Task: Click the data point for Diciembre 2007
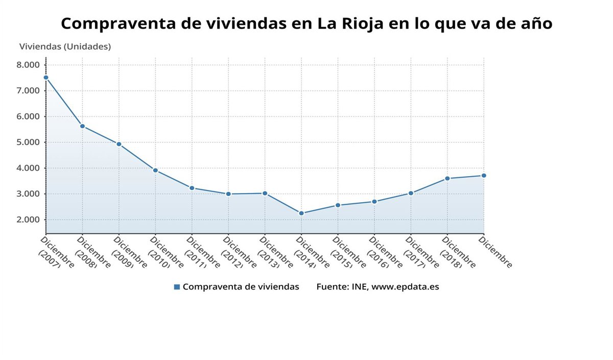[46, 78]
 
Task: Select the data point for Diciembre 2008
[82, 126]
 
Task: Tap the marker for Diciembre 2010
[155, 171]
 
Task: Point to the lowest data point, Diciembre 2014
[301, 213]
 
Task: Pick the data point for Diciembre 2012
[228, 194]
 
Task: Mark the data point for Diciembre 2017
[411, 194]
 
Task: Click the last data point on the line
[484, 176]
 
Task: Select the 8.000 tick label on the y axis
[28, 65]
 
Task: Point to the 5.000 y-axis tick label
[28, 142]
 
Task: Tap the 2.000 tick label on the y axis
[28, 220]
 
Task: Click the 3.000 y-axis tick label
[28, 194]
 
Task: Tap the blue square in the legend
[177, 287]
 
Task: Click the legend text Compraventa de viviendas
[241, 287]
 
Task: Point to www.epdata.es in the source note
[405, 287]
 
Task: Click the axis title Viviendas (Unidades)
[65, 46]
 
